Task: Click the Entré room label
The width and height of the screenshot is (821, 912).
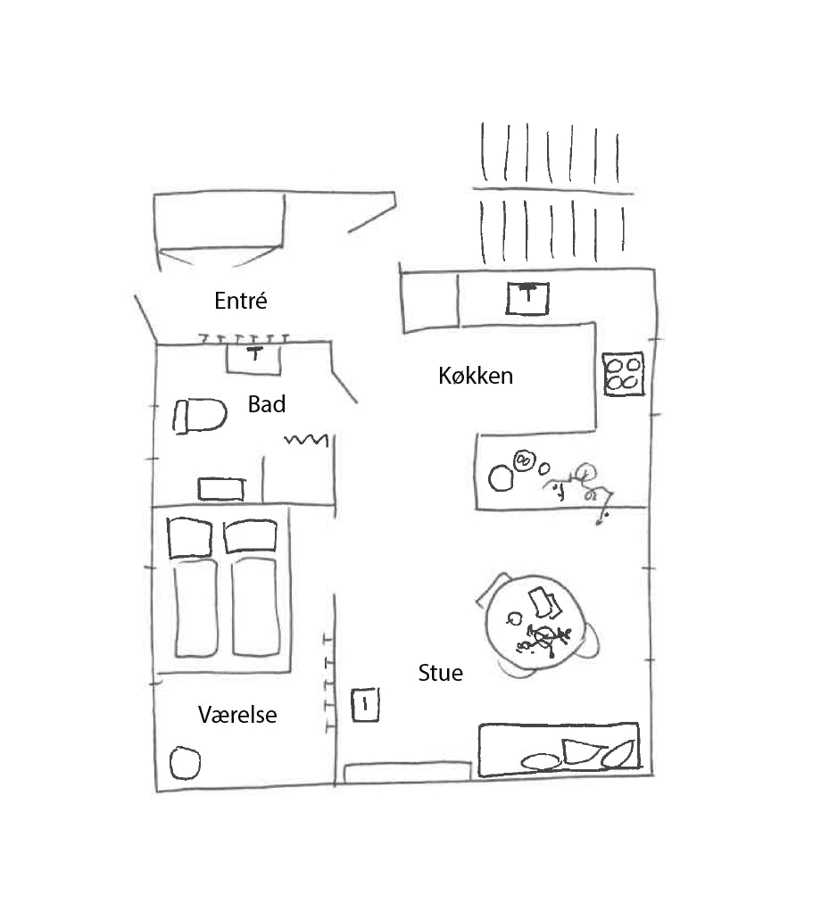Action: coord(241,300)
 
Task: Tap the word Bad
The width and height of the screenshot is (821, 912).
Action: coord(266,404)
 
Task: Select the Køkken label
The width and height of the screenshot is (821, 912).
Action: coord(476,376)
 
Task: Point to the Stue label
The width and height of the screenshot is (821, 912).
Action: coord(441,673)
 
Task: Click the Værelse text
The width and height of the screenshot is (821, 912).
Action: coord(237,715)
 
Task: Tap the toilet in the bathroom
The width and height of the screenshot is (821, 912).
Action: coord(199,416)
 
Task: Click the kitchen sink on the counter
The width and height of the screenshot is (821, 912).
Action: coord(527,298)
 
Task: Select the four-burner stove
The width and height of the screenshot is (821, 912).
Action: coord(623,374)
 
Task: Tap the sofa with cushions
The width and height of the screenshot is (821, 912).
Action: coord(559,750)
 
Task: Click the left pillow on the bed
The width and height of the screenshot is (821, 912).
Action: coord(189,538)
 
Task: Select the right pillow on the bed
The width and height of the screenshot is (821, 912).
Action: coord(250,535)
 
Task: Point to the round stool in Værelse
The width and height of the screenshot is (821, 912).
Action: coord(185,763)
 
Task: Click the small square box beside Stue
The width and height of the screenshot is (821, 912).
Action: coord(365,705)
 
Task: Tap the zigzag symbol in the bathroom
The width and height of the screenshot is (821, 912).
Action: coord(306,440)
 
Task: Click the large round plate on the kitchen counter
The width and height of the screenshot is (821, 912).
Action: coord(501,478)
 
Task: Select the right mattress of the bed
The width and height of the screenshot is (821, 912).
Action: coord(255,607)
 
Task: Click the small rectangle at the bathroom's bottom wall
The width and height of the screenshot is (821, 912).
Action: coord(221,489)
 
